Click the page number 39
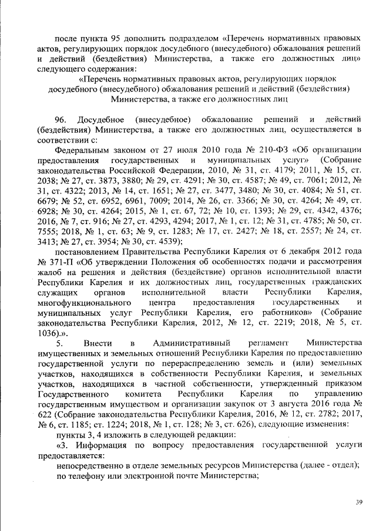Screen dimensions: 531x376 point(359,502)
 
